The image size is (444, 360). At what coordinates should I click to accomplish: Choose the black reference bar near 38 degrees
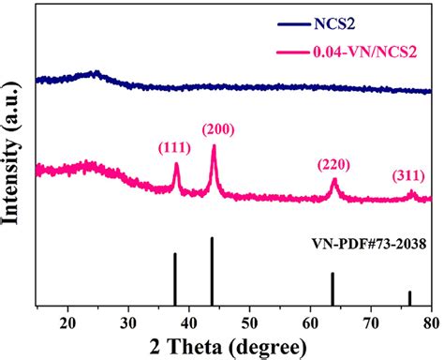[174, 277]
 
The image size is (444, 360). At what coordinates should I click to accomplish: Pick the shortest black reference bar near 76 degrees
[409, 297]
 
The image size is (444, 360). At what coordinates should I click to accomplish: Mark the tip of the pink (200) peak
[214, 146]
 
